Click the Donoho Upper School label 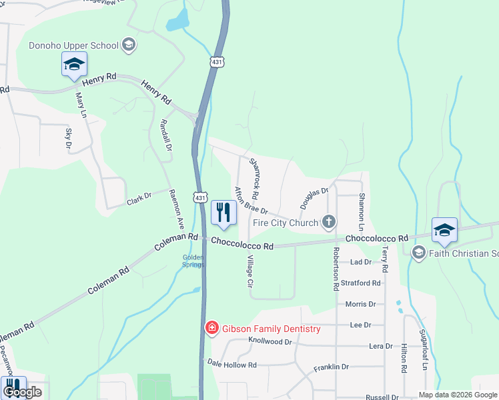73,46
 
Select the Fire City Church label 286,222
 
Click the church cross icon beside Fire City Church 328,222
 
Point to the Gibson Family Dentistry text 271,329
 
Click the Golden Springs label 193,261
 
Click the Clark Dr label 139,198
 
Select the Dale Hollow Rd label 231,364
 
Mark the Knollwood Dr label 270,341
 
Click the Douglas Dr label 314,198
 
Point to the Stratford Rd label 360,283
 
